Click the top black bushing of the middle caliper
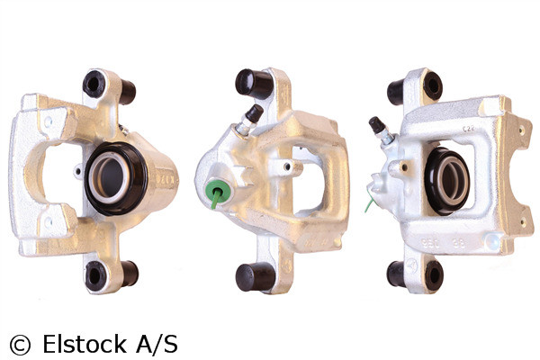coord(254,84)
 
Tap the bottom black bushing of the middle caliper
coord(250,277)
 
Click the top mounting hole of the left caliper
coord(94,84)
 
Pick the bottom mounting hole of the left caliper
coord(94,276)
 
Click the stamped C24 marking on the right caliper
coord(468,130)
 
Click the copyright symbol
coord(19,343)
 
